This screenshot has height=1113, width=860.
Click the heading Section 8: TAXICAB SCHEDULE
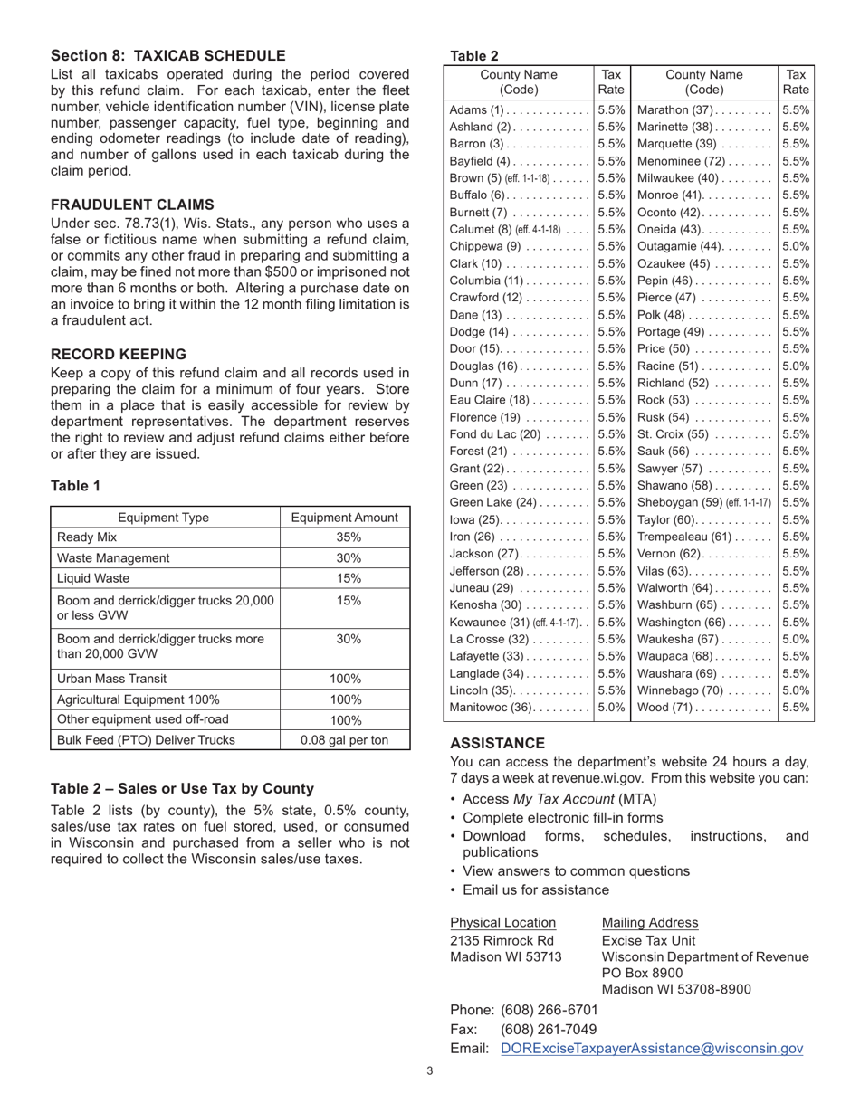point(167,56)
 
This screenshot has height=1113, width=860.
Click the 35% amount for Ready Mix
point(344,537)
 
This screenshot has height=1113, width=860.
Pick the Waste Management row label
point(113,558)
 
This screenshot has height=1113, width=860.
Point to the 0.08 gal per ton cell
point(344,740)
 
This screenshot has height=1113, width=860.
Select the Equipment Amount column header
point(344,518)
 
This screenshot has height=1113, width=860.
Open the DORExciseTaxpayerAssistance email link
point(651,1049)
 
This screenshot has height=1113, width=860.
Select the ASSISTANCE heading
point(497,743)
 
